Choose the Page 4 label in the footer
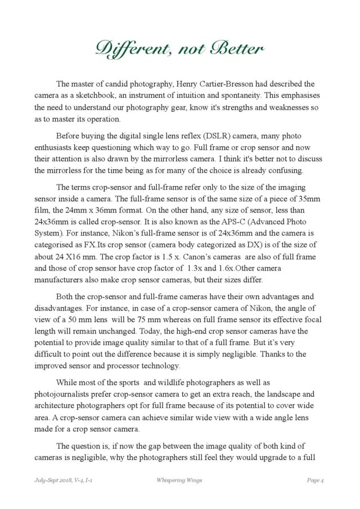[318, 479]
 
